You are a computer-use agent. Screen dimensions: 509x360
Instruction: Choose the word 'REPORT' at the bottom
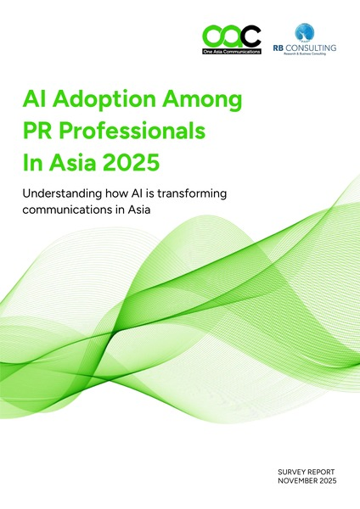[326, 470]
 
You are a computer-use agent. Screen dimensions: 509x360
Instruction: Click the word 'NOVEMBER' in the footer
[300, 480]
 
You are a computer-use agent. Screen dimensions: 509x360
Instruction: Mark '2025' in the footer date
[333, 480]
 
